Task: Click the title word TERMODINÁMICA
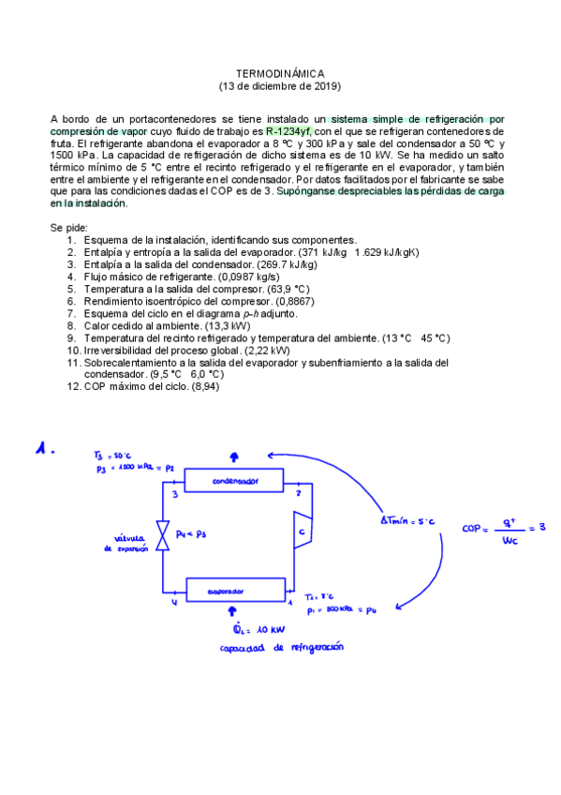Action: pos(279,73)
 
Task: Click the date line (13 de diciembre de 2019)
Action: pos(279,86)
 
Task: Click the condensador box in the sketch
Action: pos(234,481)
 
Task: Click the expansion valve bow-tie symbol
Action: pos(163,536)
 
